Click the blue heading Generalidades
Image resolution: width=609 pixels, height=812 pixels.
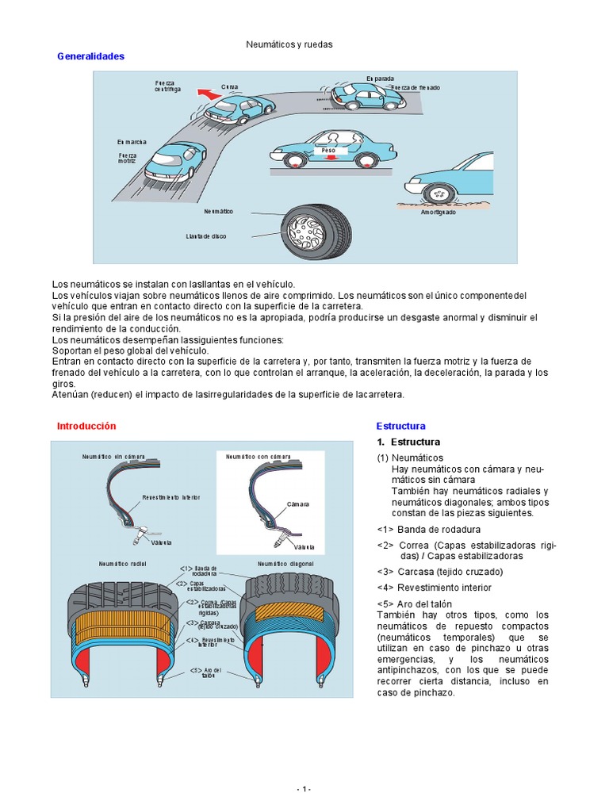[91, 57]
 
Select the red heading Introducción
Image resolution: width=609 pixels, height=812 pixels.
[86, 426]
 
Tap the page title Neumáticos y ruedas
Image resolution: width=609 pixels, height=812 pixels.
[289, 44]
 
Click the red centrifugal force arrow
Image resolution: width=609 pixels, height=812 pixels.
[209, 93]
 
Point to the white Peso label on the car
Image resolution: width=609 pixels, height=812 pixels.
[327, 149]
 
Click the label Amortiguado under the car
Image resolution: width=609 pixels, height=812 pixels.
[438, 212]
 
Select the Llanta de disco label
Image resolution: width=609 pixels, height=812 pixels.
[206, 236]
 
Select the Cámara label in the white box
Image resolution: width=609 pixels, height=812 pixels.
[297, 504]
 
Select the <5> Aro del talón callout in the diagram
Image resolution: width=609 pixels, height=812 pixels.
[208, 672]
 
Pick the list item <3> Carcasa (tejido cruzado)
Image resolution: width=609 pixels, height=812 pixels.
[439, 572]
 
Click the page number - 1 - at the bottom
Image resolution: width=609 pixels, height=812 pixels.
[304, 790]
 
